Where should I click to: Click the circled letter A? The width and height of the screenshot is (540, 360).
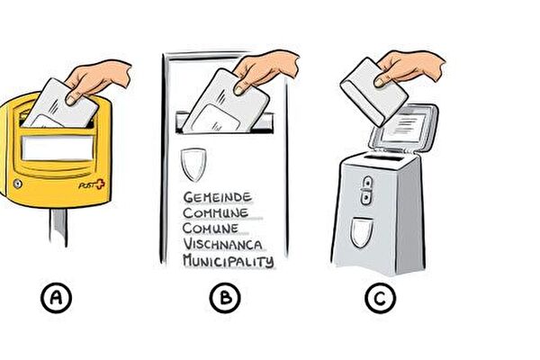click(x=56, y=297)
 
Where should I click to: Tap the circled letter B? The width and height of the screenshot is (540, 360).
click(x=225, y=297)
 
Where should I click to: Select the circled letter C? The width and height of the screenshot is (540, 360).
click(x=380, y=298)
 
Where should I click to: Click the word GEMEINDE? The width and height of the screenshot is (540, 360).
click(x=217, y=197)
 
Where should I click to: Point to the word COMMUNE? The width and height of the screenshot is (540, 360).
click(x=216, y=213)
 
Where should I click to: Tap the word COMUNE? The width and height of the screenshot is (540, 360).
click(x=211, y=229)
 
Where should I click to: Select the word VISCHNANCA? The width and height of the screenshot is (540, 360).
click(x=222, y=244)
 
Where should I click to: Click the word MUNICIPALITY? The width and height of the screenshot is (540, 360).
click(x=229, y=260)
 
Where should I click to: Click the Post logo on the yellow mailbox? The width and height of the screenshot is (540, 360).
click(x=92, y=184)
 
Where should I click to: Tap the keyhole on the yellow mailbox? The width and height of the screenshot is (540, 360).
click(x=18, y=184)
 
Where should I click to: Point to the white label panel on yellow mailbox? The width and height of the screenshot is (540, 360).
click(x=58, y=148)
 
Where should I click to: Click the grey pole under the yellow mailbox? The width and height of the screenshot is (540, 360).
click(x=58, y=227)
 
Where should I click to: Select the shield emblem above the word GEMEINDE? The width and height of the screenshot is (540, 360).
click(x=193, y=165)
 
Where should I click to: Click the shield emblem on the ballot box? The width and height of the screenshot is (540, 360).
click(x=362, y=232)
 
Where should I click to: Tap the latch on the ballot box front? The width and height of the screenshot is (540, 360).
click(x=367, y=190)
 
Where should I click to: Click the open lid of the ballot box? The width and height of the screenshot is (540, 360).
click(x=403, y=128)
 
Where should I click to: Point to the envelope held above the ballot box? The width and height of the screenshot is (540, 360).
click(x=374, y=92)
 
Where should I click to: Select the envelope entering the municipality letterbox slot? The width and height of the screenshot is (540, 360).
click(x=225, y=102)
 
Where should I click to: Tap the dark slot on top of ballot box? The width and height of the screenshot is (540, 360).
click(x=383, y=158)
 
